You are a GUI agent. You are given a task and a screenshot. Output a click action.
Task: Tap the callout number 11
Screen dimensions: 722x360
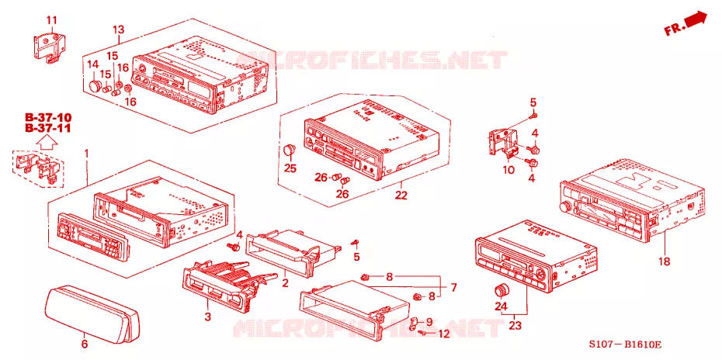coord(51,20)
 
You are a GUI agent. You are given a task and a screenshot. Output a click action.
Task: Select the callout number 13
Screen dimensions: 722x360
coord(118,30)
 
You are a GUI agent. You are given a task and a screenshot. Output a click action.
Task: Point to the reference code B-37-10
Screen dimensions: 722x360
coord(48,117)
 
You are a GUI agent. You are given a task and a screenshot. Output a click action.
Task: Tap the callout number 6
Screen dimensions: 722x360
coord(85,344)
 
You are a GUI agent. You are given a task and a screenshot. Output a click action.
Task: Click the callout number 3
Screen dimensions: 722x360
coord(207,317)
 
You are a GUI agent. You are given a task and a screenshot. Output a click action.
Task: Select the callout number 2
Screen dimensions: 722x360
coord(285,282)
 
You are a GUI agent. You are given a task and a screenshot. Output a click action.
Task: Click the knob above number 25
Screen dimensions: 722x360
coord(289,150)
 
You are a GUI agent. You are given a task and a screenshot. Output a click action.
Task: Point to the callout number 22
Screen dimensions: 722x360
coord(401,196)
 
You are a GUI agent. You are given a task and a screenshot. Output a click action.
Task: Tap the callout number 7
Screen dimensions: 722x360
coord(453,288)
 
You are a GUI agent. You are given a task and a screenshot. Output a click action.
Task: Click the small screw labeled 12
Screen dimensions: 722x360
coord(422,332)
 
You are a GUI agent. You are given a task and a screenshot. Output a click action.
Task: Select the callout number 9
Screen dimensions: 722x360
coord(429,321)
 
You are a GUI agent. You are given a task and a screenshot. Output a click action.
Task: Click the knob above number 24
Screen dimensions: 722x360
coord(501,291)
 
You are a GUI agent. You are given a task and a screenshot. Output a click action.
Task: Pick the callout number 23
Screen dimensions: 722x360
coord(515,325)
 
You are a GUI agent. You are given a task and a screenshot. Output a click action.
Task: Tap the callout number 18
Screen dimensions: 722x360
coord(664,261)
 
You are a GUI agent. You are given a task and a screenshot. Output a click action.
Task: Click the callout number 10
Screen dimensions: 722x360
coord(509,170)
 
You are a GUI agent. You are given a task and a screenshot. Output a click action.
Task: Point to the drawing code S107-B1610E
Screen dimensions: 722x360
coord(626,344)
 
